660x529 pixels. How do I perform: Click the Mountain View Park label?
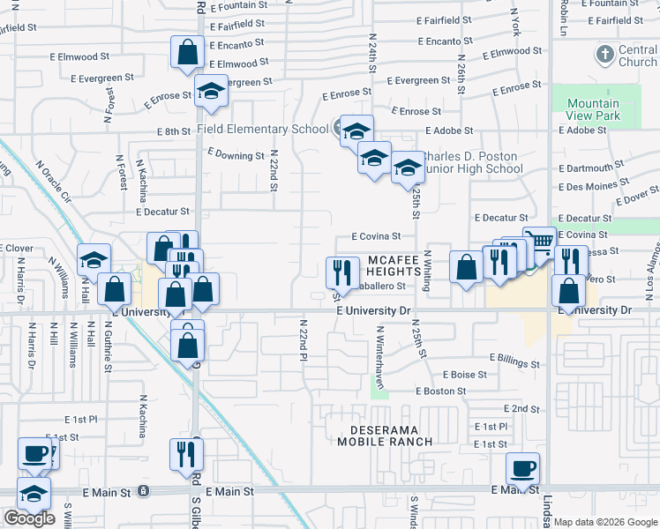coord(593,109)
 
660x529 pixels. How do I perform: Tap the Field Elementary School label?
coord(262,129)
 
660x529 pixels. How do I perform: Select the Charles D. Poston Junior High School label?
coord(471,163)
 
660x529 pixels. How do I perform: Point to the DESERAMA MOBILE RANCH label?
coord(387,436)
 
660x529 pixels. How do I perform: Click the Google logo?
coord(29,518)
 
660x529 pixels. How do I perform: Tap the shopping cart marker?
coord(539,242)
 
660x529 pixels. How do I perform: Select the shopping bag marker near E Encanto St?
coord(188,52)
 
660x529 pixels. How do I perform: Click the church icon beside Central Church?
coord(604,55)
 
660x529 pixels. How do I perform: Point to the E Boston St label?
coord(441,391)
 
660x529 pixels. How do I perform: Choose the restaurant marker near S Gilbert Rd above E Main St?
coord(186,453)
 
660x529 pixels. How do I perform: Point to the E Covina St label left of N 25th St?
coord(376,236)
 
